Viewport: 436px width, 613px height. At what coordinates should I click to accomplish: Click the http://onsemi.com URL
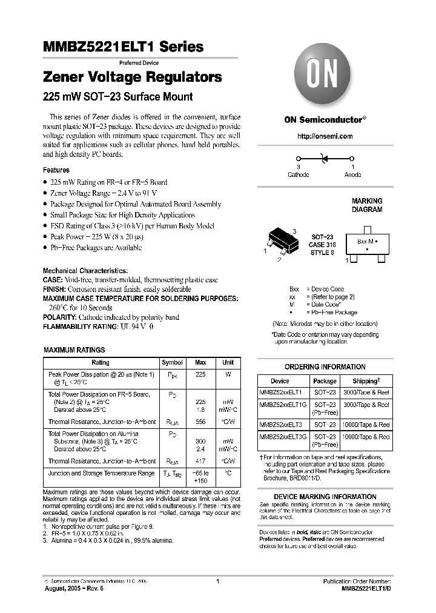(325, 137)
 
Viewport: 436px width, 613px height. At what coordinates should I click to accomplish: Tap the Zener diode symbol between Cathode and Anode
(325, 159)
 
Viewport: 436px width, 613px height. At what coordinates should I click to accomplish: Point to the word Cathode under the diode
(298, 174)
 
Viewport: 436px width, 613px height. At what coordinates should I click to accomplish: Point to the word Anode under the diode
(352, 174)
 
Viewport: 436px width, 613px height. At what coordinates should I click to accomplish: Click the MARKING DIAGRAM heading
(367, 205)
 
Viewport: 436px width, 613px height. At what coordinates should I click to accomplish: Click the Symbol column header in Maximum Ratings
(172, 363)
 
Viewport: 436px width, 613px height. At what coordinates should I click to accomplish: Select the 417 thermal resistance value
(200, 461)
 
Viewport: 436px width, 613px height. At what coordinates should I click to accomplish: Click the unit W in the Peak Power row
(228, 375)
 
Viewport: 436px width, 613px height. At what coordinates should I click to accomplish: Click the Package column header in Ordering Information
(325, 381)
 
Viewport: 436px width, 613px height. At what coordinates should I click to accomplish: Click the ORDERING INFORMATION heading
(325, 367)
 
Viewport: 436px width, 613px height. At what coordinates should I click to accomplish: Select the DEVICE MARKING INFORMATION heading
(325, 497)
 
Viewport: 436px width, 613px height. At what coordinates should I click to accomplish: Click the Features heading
(56, 171)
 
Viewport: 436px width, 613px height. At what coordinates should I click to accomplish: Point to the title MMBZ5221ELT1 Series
(123, 47)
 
